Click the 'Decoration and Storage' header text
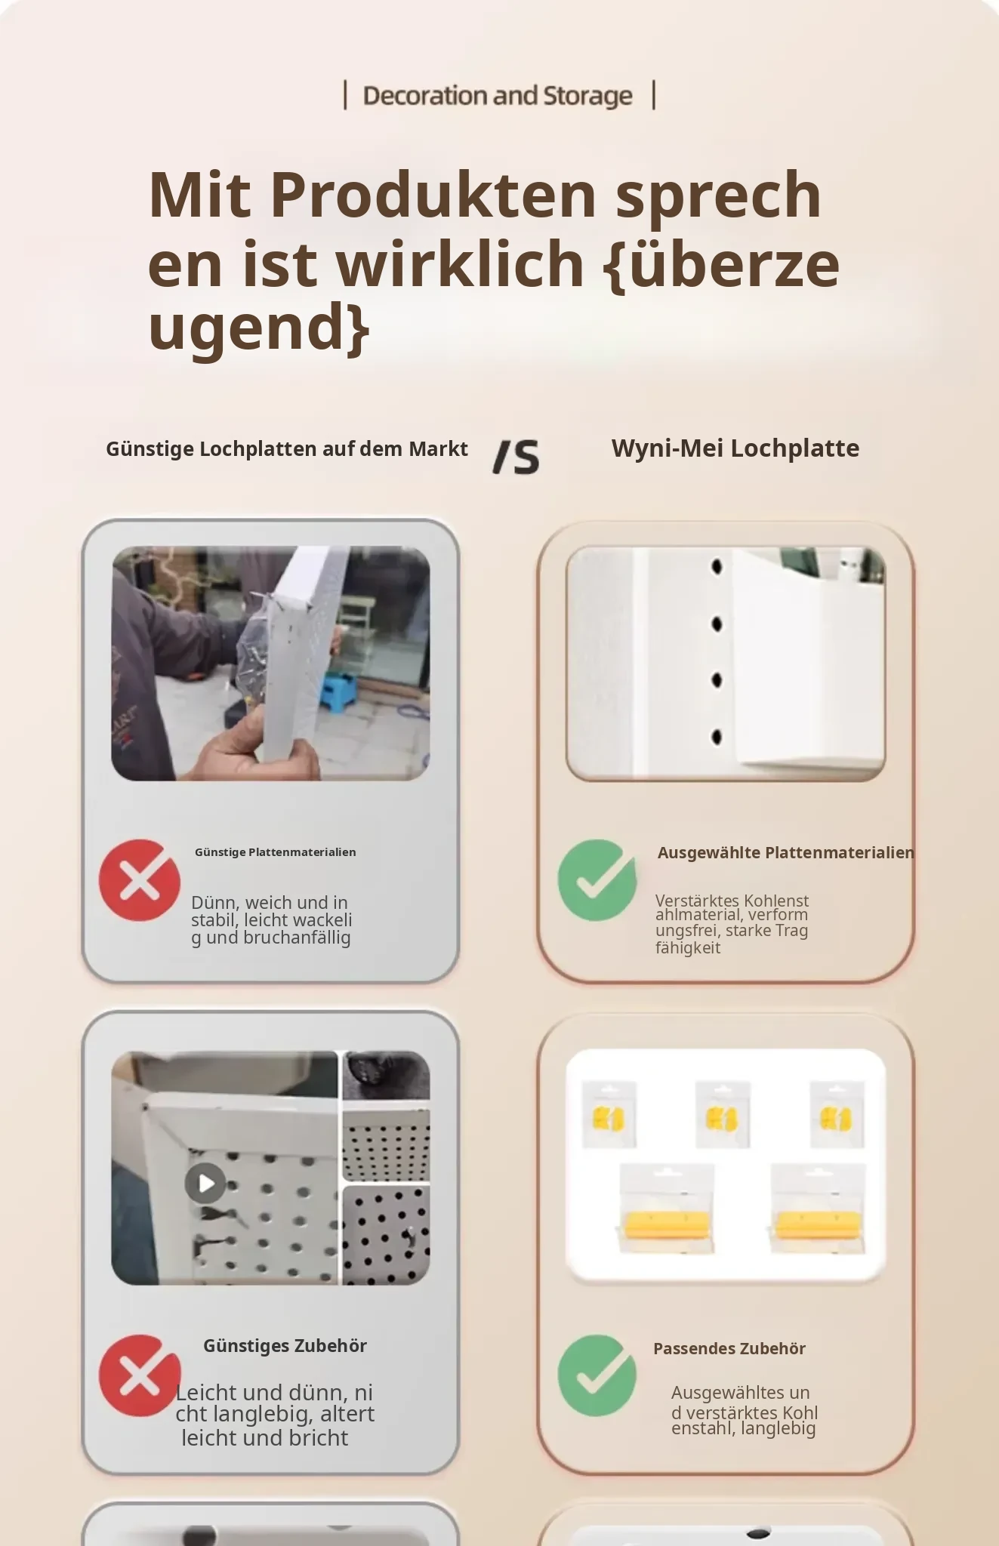click(498, 96)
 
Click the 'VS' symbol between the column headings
click(516, 457)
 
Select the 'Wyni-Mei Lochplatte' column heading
click(735, 448)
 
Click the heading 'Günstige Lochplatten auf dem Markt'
click(287, 449)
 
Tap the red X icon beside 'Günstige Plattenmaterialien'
click(140, 880)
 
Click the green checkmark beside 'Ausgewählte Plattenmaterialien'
click(597, 880)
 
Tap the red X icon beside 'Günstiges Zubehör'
click(140, 1375)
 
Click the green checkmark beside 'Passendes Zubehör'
click(597, 1375)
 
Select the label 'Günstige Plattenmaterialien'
click(276, 852)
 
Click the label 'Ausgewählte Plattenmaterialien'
click(785, 853)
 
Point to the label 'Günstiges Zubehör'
click(285, 1346)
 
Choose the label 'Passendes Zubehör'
click(729, 1349)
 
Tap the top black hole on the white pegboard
click(717, 566)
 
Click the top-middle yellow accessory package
click(723, 1114)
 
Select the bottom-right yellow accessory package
click(818, 1208)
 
